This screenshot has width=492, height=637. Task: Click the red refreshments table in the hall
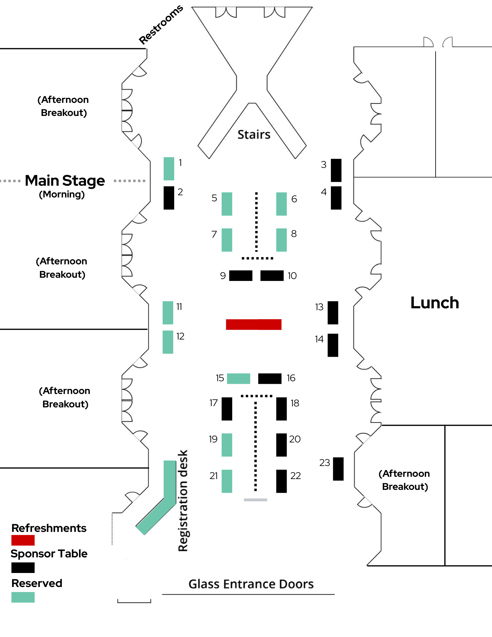(253, 324)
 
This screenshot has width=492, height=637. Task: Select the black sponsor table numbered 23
(338, 469)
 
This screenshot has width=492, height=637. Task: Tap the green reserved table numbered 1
(169, 168)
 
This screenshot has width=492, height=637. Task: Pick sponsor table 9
(241, 276)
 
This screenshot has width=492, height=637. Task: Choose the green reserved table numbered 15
(239, 378)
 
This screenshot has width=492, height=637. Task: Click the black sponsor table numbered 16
(270, 378)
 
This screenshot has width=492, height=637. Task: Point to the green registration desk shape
(169, 484)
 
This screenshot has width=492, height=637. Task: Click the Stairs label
(254, 134)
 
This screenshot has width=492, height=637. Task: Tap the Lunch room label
(434, 303)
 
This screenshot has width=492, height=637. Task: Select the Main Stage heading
(65, 181)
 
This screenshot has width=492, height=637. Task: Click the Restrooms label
(161, 25)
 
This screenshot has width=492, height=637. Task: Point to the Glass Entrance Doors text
(251, 584)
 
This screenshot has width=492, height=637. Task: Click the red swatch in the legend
(23, 540)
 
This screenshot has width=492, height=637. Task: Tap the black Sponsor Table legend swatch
(23, 568)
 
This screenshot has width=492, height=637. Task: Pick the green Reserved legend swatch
(23, 597)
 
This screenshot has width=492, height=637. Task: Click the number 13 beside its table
(319, 307)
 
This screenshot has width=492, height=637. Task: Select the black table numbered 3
(336, 170)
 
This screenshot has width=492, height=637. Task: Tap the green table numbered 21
(227, 481)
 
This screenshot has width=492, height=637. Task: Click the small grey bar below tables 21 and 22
(255, 500)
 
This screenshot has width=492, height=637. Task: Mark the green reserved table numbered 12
(168, 342)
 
